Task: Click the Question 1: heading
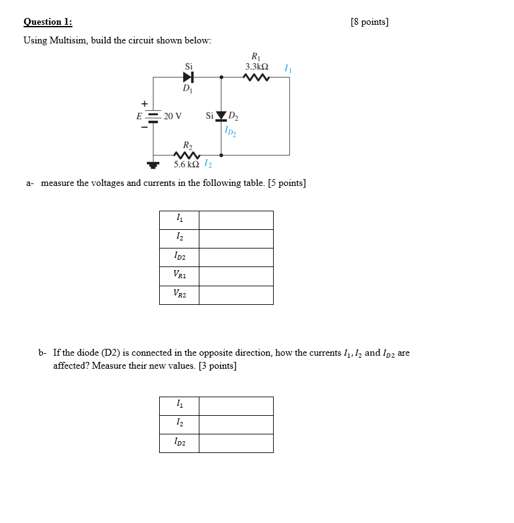pos(48,22)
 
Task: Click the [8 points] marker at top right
pos(369,22)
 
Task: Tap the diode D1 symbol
pos(188,77)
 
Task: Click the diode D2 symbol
pos(220,115)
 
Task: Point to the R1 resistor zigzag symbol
pos(256,78)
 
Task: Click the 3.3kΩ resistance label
pos(256,66)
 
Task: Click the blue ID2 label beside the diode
pos(232,131)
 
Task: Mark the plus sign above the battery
pos(144,103)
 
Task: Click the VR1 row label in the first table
pos(179,276)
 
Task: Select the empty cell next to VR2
pos(236,295)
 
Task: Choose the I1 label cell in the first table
pos(179,220)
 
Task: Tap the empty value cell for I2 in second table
pos(236,424)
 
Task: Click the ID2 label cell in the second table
pos(179,443)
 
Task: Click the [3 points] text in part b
pos(217,366)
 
